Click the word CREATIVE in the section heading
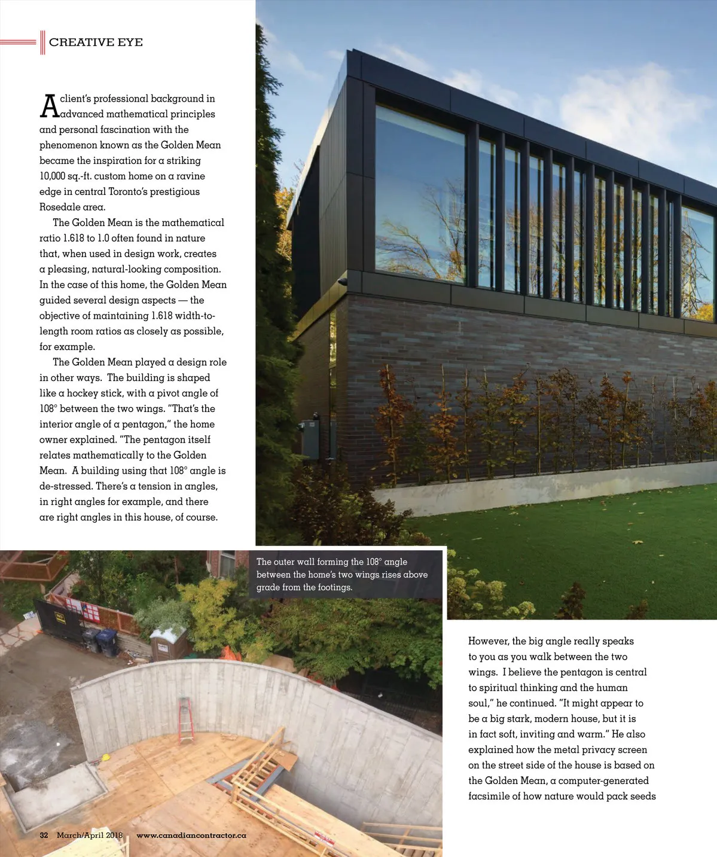coord(73,42)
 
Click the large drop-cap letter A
coord(49,106)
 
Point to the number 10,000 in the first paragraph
coord(53,176)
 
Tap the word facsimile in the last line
coord(489,796)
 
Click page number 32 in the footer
coord(44,835)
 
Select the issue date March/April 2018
coord(90,835)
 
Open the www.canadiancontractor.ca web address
coord(191,835)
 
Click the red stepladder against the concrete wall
coord(187,719)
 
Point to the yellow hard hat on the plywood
coord(105,757)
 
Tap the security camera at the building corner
coord(342,280)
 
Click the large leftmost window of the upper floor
coord(420,194)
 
